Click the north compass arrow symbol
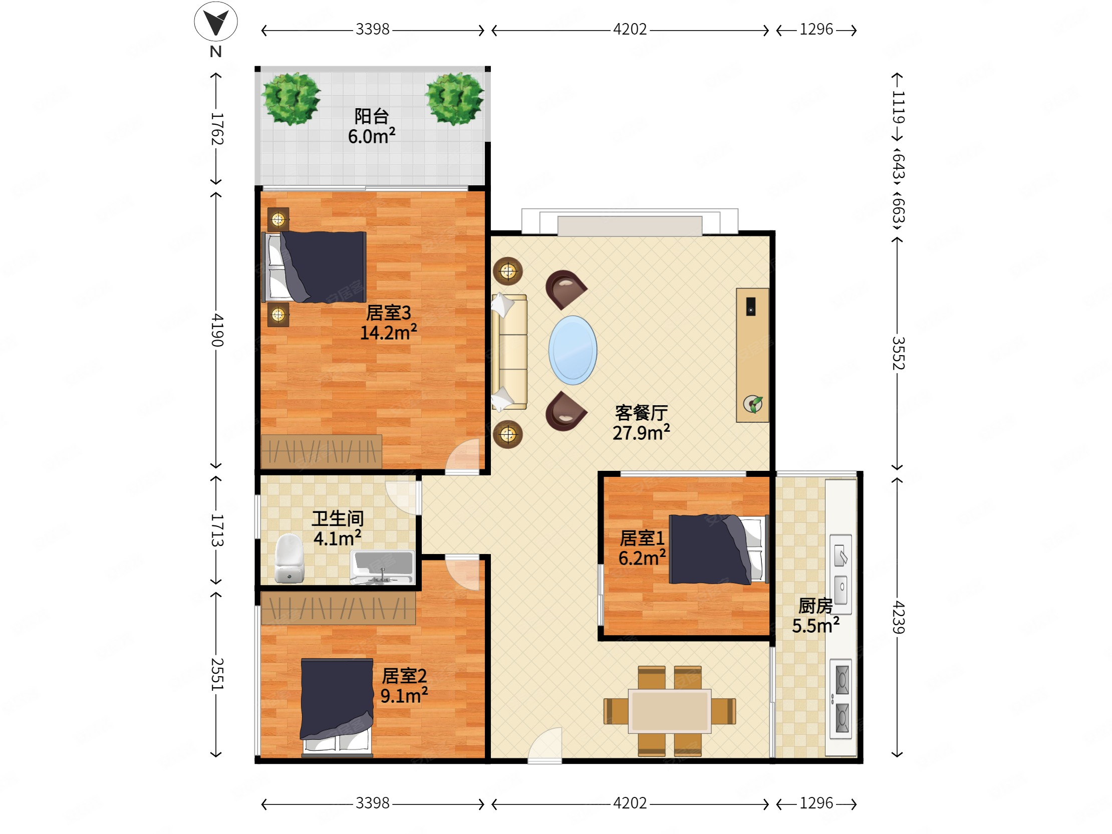216,22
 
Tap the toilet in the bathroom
289,559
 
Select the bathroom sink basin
383,567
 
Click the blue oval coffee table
573,350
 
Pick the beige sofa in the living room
509,352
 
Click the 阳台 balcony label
372,116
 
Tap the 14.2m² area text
388,332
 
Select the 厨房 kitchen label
815,606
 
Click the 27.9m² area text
641,432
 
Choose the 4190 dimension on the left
216,330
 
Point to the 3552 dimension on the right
898,354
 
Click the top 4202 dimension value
630,29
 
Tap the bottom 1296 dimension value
816,803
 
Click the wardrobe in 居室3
321,451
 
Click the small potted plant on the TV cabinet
753,404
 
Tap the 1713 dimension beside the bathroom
216,530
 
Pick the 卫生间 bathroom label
337,518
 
